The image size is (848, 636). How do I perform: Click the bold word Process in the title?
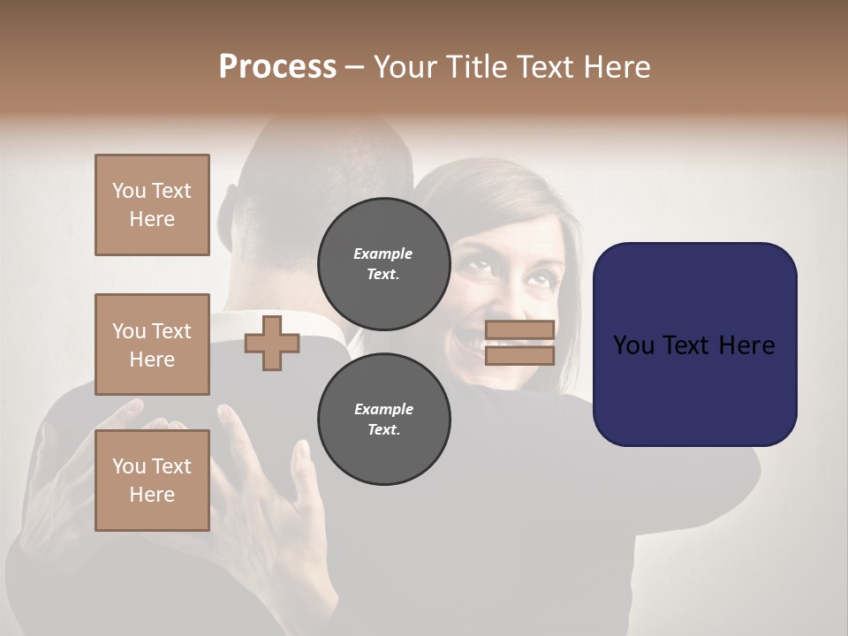[277, 67]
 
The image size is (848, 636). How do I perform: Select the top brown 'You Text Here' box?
[152, 205]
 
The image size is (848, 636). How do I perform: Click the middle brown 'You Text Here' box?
[152, 344]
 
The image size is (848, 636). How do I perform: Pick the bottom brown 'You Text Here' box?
[152, 481]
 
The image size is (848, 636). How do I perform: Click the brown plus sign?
[272, 343]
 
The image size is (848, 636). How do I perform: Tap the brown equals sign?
[519, 343]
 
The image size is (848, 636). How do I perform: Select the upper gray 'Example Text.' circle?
[383, 263]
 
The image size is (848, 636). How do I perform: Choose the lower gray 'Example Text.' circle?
[383, 419]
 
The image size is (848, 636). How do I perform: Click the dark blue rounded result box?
[694, 344]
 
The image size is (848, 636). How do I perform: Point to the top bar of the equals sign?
[519, 330]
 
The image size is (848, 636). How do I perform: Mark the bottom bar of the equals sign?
[519, 355]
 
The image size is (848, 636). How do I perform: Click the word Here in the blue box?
[746, 345]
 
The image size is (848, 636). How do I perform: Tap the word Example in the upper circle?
[382, 254]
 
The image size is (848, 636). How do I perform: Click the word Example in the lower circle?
[383, 409]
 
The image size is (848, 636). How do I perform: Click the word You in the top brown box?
[128, 191]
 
